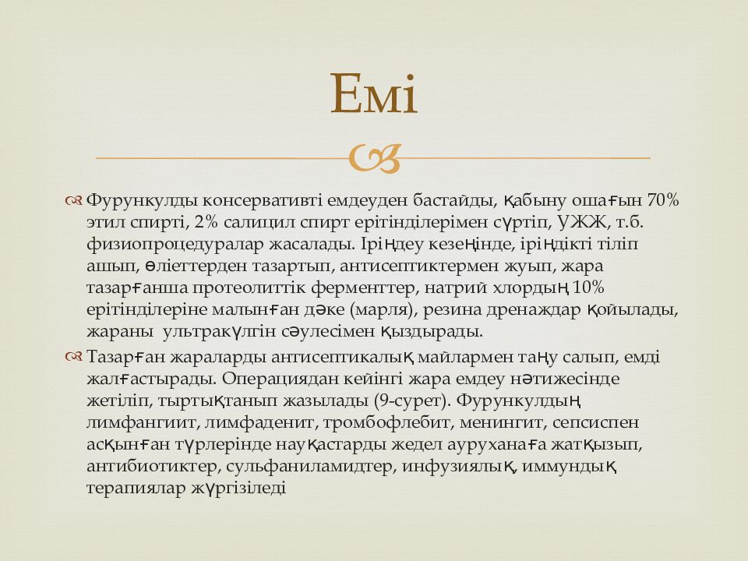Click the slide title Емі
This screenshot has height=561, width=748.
374,94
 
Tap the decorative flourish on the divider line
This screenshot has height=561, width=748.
374,158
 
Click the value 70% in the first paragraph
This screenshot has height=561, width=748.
662,200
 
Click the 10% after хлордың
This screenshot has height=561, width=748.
589,288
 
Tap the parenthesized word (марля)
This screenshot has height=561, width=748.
385,309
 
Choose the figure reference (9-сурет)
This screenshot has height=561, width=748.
410,401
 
